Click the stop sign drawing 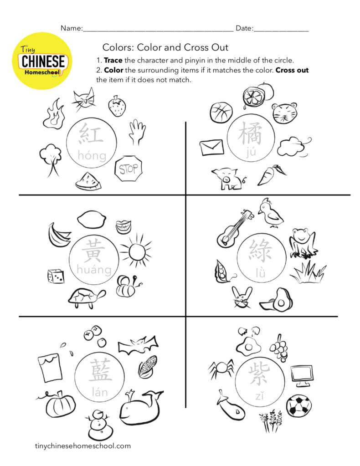pyautogui.click(x=129, y=168)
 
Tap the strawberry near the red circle pyautogui.click(x=117, y=106)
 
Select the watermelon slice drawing pyautogui.click(x=88, y=181)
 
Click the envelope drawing pyautogui.click(x=211, y=148)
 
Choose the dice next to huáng pyautogui.click(x=56, y=276)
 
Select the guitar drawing pyautogui.click(x=235, y=228)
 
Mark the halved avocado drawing pyautogui.click(x=277, y=300)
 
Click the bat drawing pyautogui.click(x=138, y=345)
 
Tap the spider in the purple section pyautogui.click(x=221, y=368)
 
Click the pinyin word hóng pyautogui.click(x=92, y=155)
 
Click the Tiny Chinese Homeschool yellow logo pyautogui.click(x=41, y=61)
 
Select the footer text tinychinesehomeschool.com pyautogui.click(x=82, y=446)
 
